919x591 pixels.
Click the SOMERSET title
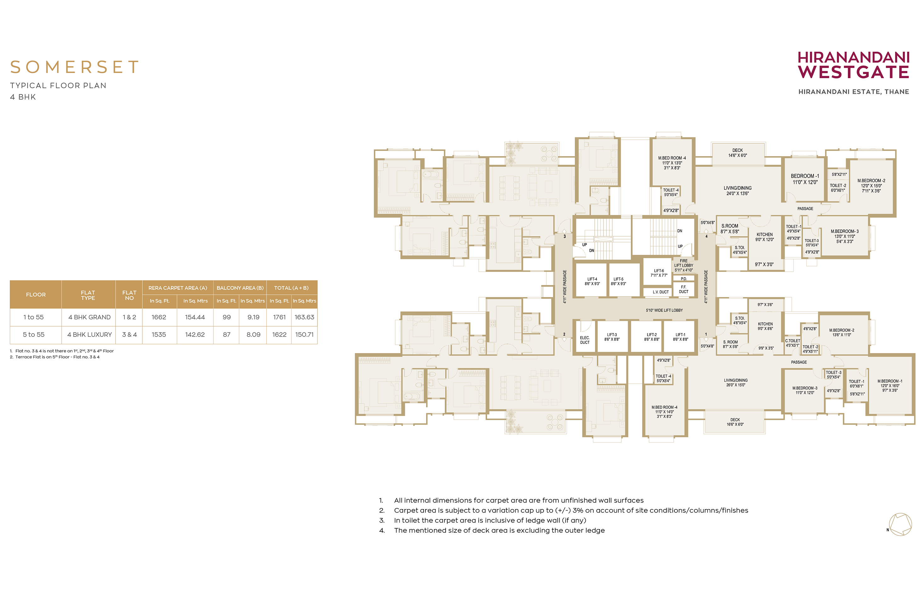coord(74,67)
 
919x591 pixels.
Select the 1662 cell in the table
coord(159,317)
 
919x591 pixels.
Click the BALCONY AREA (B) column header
coord(240,288)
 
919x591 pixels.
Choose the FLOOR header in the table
coord(36,295)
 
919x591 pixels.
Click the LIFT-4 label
coord(592,281)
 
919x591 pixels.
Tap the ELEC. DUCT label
coord(585,340)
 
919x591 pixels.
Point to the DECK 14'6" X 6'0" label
coord(737,153)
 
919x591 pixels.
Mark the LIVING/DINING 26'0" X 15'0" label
coord(735,383)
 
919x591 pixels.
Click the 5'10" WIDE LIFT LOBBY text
coord(664,310)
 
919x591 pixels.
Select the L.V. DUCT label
coord(661,292)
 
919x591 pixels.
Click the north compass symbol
coord(900,524)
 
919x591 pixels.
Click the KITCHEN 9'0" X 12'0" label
coord(764,237)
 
